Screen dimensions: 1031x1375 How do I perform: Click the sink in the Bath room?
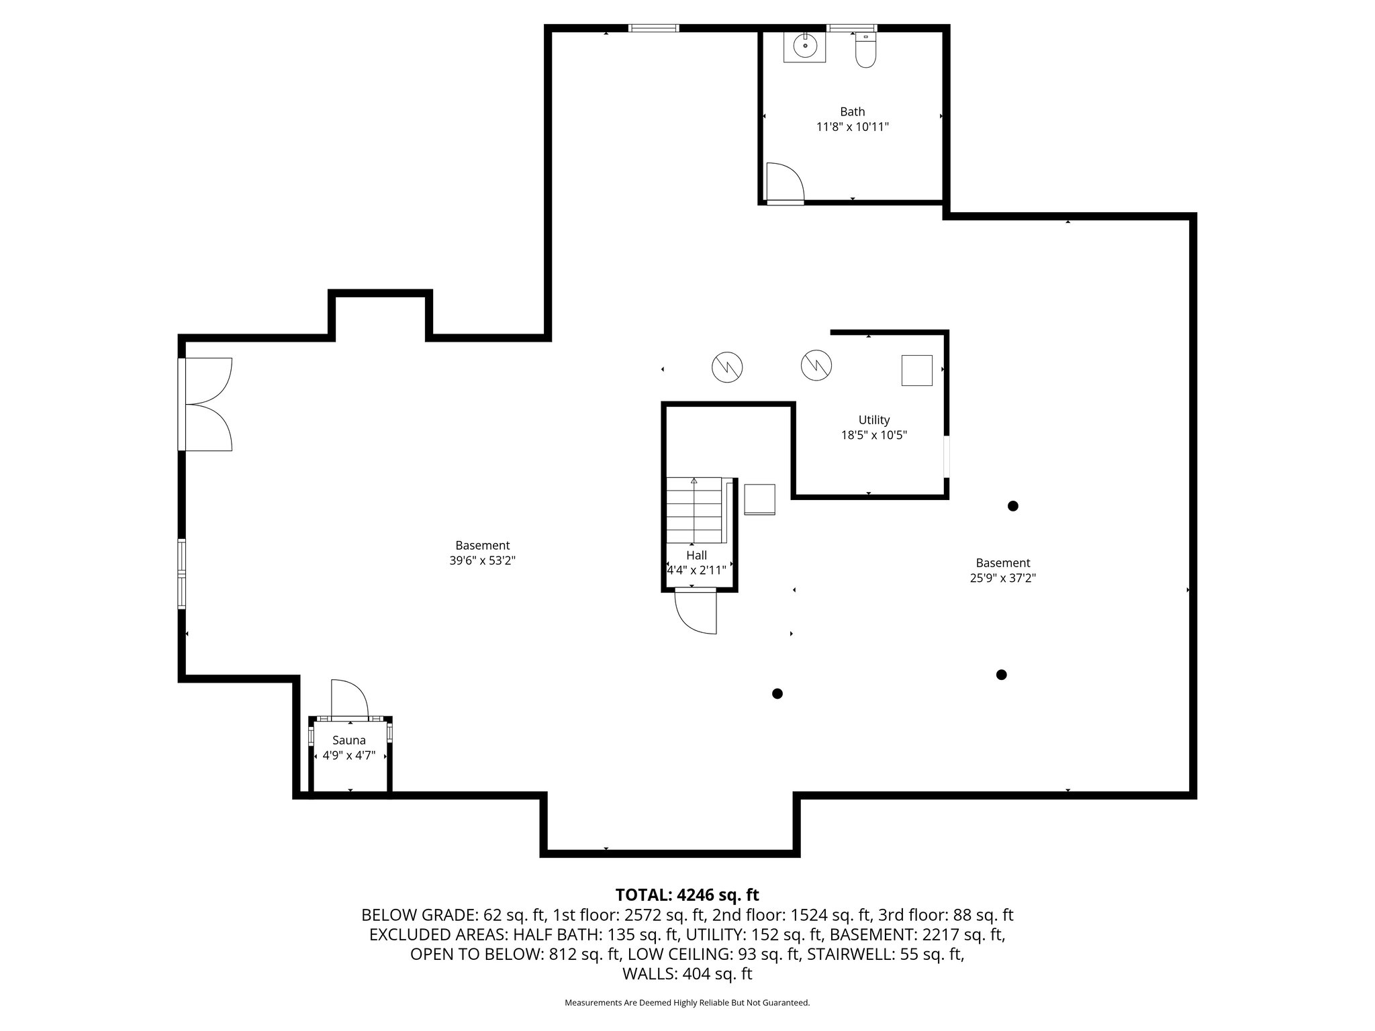point(804,46)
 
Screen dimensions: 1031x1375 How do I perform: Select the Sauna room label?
point(349,740)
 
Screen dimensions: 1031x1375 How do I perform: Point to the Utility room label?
point(873,420)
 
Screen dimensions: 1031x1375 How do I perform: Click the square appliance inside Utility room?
point(916,370)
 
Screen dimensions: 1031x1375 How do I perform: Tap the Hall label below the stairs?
point(696,555)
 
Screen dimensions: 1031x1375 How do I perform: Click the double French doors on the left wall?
point(207,404)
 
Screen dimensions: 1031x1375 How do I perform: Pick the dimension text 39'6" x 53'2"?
point(482,560)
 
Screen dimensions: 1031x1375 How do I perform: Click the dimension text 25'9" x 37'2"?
point(1003,578)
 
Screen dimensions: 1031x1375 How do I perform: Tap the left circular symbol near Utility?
point(727,367)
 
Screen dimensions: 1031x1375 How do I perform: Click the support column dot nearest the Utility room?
point(1012,506)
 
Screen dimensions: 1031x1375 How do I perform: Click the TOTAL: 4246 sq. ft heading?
point(687,895)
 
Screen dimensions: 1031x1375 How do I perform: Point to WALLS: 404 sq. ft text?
point(687,974)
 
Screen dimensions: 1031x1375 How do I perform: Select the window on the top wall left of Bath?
point(653,28)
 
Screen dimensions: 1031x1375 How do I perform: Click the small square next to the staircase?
point(759,499)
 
